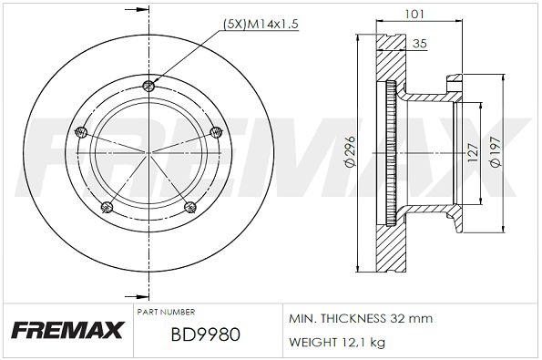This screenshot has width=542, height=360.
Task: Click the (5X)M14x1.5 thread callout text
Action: click(261, 24)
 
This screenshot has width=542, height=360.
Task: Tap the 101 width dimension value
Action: click(414, 14)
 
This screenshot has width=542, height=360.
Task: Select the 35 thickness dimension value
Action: click(420, 44)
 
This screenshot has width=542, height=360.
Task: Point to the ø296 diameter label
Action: click(350, 151)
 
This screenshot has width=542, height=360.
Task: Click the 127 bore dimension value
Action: click(473, 152)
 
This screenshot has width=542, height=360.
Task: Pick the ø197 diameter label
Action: click(496, 152)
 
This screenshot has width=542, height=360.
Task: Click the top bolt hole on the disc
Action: click(148, 86)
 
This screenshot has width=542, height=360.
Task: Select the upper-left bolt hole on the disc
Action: click(81, 131)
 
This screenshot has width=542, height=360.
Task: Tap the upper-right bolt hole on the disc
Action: click(216, 131)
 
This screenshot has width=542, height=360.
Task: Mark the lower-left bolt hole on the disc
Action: click(107, 207)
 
